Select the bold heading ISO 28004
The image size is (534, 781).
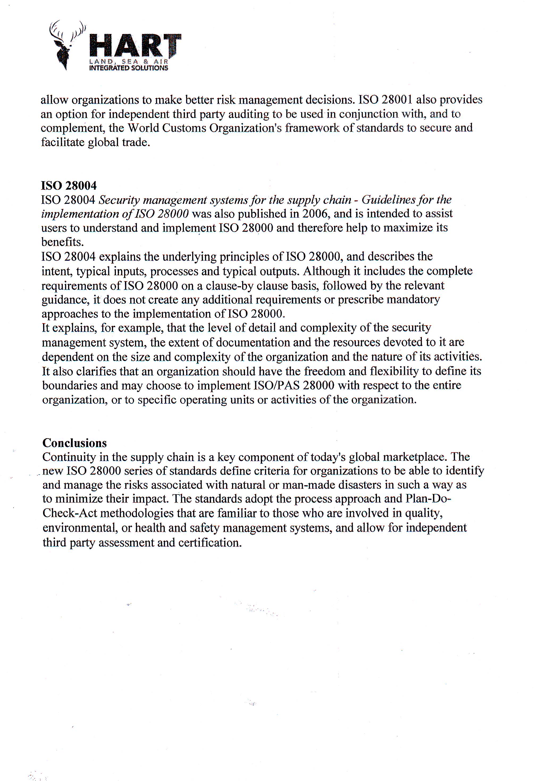[69, 185]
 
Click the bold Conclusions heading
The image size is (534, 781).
[75, 443]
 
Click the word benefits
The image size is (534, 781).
[62, 242]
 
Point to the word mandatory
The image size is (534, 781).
[413, 299]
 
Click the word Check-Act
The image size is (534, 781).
[70, 513]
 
